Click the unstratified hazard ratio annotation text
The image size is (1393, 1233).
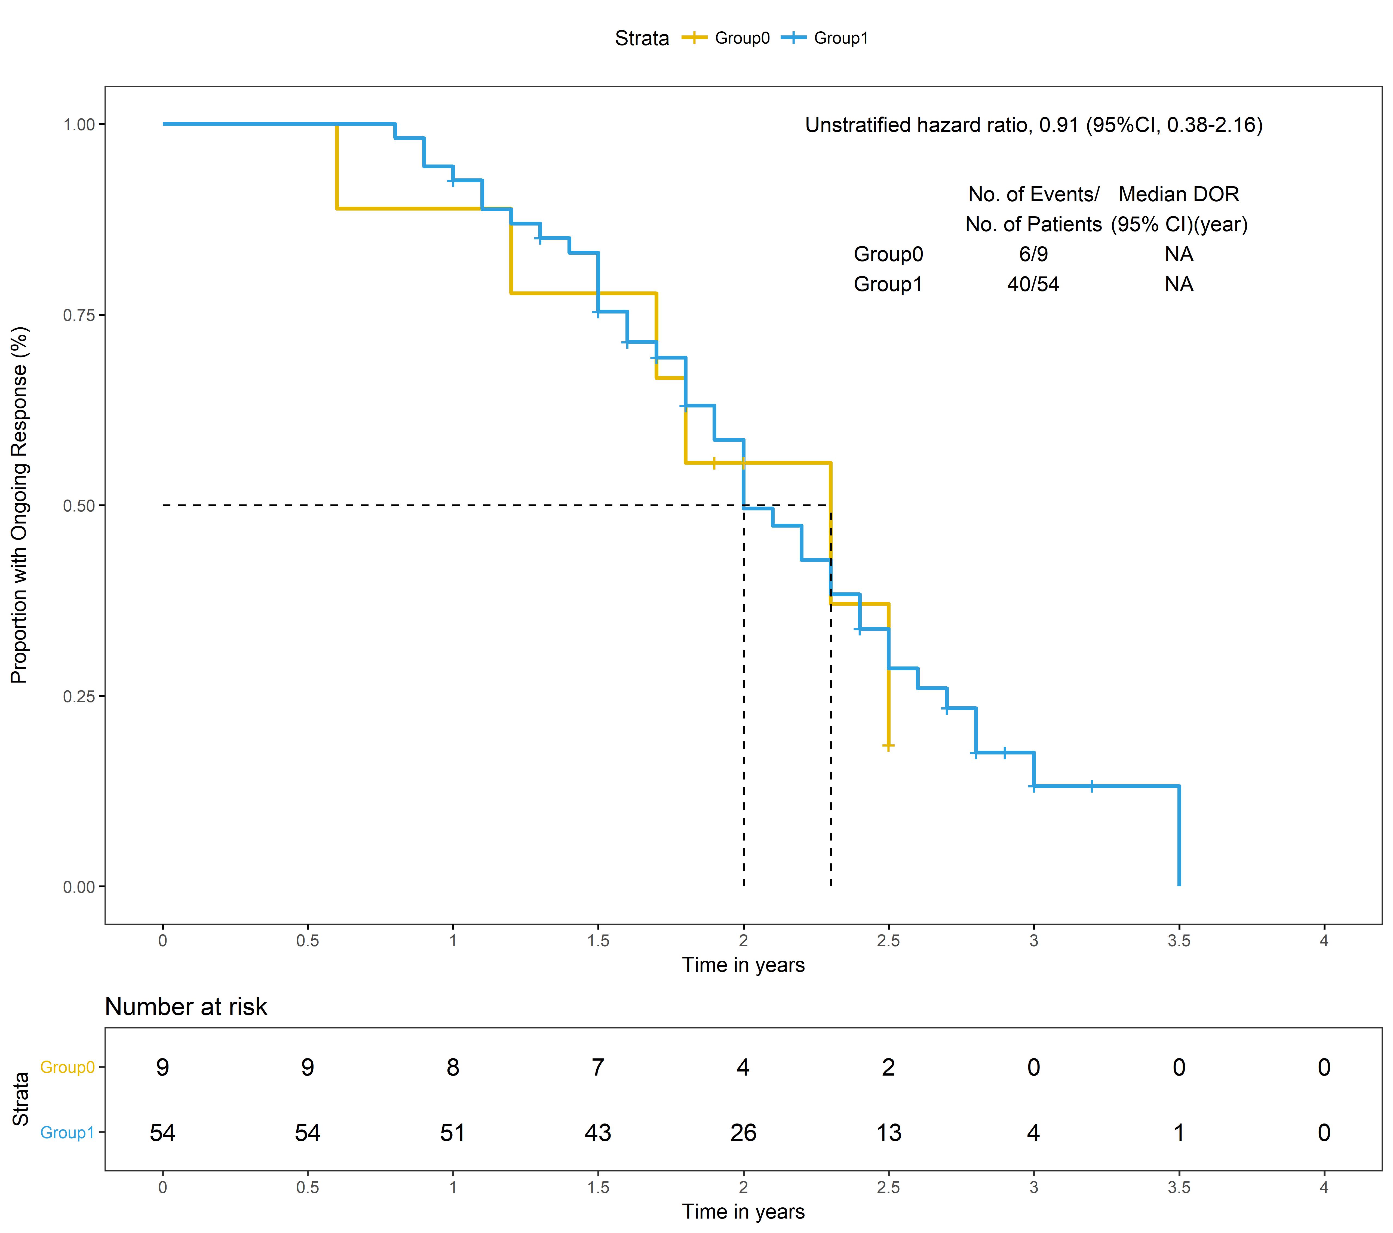tap(1033, 125)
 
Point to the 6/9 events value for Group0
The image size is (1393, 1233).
tap(1033, 254)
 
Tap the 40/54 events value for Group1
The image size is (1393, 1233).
tap(1033, 284)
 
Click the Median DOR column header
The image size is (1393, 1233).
tap(1178, 194)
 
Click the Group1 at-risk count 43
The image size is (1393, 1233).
tap(598, 1133)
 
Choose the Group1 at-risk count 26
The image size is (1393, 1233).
tap(743, 1133)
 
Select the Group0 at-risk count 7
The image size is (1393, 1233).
tap(598, 1067)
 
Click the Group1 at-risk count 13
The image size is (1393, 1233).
tap(888, 1133)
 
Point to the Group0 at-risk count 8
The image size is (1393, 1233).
tap(453, 1067)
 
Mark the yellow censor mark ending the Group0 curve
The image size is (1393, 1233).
tap(888, 746)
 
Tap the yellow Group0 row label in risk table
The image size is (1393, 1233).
tap(67, 1067)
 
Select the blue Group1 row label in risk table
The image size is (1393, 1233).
tap(67, 1133)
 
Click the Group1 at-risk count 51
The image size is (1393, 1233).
tap(453, 1133)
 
